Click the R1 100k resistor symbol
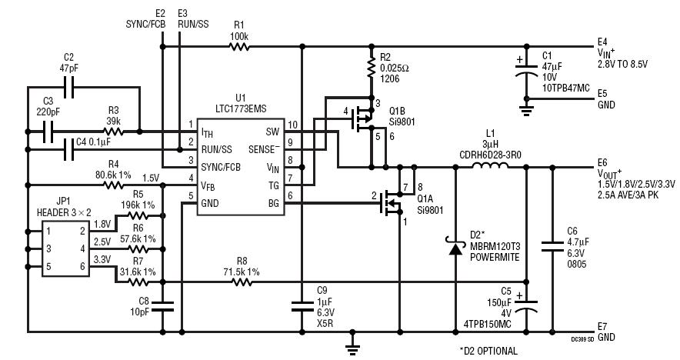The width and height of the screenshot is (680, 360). pos(238,47)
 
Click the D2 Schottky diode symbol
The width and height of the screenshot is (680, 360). pos(455,246)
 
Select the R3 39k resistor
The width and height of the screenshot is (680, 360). pos(113,131)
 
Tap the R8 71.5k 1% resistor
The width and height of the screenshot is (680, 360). pos(242,282)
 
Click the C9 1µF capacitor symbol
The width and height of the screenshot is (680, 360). pos(301,306)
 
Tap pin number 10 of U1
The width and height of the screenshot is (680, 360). pos(292,125)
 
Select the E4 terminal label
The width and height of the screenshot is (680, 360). pos(602,42)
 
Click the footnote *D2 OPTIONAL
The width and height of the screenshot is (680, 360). pos(488,351)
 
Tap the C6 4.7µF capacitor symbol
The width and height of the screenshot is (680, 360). pos(551,245)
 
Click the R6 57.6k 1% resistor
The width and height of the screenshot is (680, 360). pos(138,249)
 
